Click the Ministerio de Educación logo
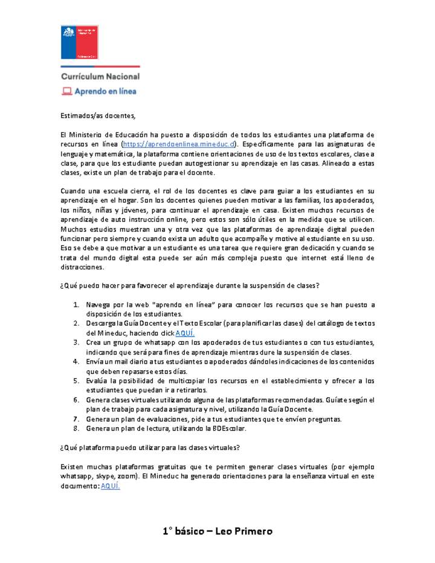(79, 42)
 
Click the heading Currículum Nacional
(100, 77)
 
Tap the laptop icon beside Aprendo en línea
(66, 92)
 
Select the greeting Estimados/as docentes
(98, 115)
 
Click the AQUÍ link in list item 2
(185, 333)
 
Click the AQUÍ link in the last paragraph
(110, 486)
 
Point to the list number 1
(77, 305)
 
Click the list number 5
(77, 381)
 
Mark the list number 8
(77, 428)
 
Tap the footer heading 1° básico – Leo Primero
(217, 532)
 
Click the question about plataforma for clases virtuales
(150, 448)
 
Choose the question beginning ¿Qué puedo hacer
(190, 286)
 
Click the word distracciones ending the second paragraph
(82, 267)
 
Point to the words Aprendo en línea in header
(105, 92)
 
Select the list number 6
(77, 400)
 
